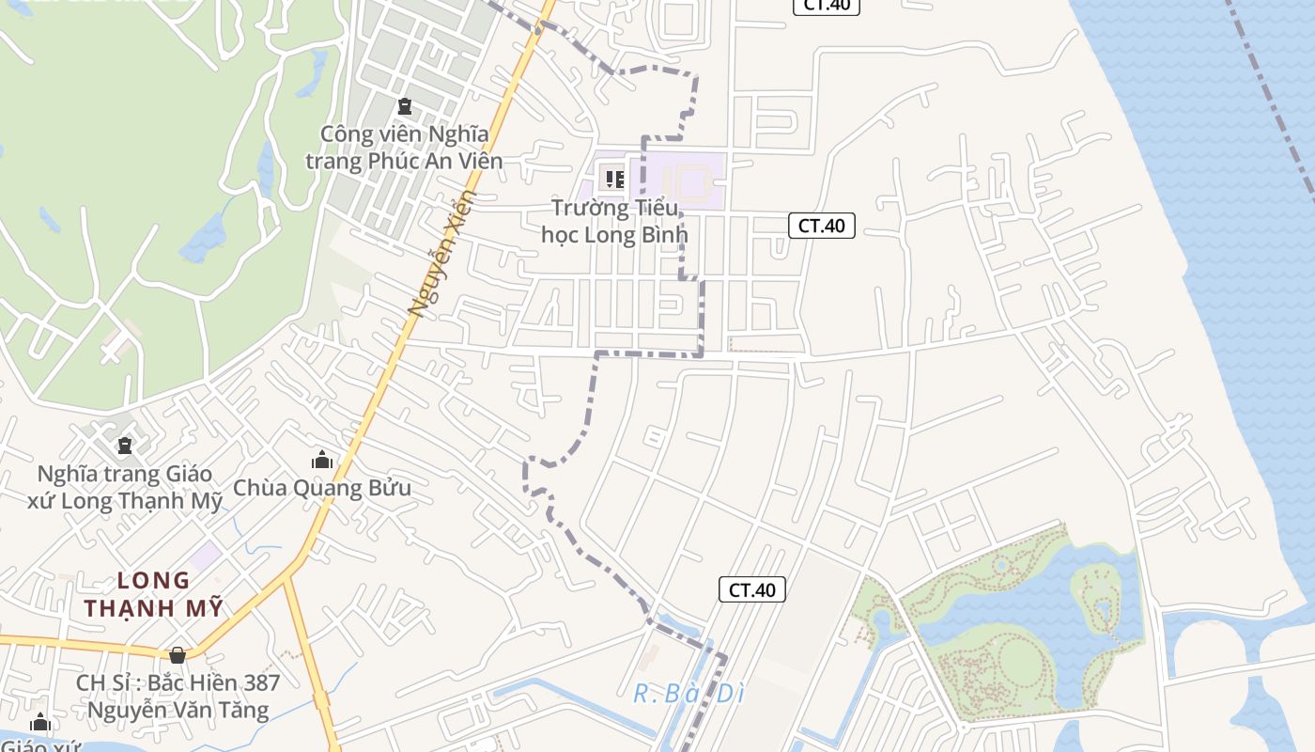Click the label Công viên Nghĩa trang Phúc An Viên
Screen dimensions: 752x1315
404,148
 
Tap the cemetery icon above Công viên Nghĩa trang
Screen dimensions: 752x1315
404,106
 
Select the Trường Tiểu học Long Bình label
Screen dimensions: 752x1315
614,221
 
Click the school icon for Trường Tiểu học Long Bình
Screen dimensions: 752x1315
614,178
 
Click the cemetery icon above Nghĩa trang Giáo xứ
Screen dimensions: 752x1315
124,445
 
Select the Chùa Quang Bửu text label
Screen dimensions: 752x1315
322,488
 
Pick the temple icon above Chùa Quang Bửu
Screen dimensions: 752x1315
322,460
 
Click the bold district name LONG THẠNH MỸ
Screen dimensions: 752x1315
154,594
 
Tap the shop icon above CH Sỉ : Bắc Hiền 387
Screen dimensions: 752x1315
178,654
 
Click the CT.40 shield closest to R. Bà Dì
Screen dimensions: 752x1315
751,589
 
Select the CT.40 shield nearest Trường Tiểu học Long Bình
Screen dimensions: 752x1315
821,226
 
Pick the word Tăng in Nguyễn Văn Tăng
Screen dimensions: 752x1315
242,710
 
